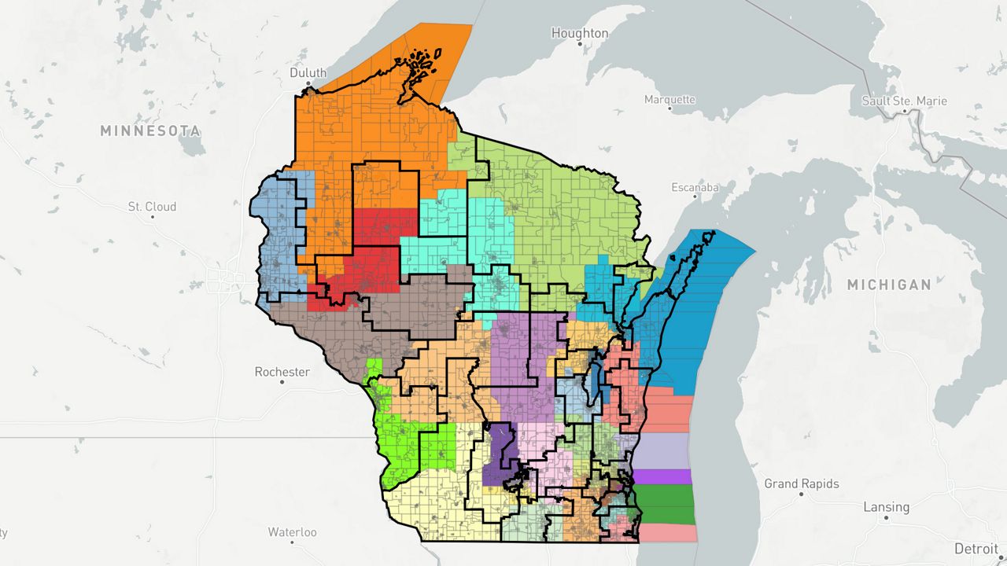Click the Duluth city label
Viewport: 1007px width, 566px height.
click(308, 72)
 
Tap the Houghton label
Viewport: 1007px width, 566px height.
click(580, 33)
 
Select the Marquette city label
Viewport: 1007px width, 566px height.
click(669, 100)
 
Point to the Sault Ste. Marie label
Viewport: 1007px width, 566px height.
click(904, 101)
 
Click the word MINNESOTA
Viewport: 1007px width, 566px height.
click(150, 130)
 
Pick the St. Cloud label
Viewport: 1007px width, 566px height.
click(152, 207)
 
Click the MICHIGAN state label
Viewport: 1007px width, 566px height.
click(889, 285)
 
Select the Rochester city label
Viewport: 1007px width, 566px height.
click(282, 371)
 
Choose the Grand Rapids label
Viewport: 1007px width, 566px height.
click(802, 483)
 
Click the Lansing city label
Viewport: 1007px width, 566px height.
click(886, 507)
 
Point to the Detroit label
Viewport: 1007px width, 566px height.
click(976, 548)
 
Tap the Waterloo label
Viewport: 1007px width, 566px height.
click(292, 532)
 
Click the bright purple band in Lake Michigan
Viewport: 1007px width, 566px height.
click(662, 476)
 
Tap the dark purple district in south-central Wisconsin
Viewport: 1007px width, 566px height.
click(496, 456)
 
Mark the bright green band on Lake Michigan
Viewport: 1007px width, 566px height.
click(665, 504)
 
